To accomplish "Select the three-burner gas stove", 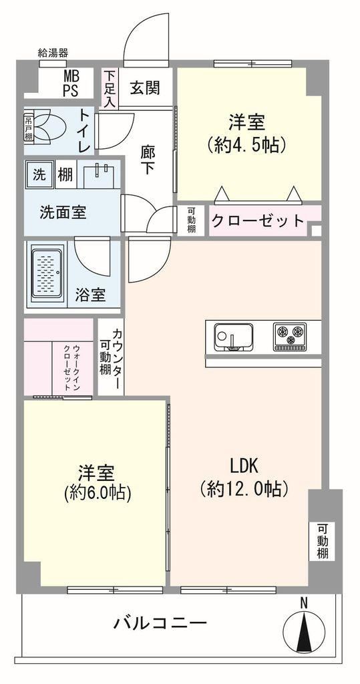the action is pyautogui.click(x=289, y=337).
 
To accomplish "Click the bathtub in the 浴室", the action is pyautogui.click(x=48, y=274).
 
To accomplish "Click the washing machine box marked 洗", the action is pyautogui.click(x=39, y=174).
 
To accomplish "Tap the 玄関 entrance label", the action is pyautogui.click(x=146, y=88).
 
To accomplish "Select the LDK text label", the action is pyautogui.click(x=244, y=466).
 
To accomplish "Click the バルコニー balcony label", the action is pyautogui.click(x=160, y=623).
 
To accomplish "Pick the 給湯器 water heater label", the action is pyautogui.click(x=53, y=53).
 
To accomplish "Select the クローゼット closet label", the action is pyautogui.click(x=257, y=220).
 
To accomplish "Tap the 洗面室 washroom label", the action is pyautogui.click(x=63, y=212).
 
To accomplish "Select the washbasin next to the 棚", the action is pyautogui.click(x=100, y=175).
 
